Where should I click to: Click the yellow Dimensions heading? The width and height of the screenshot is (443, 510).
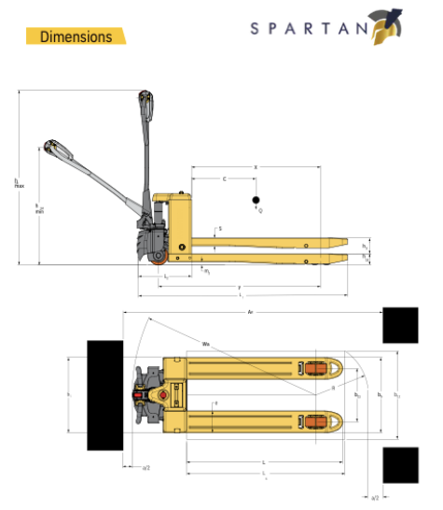(x=76, y=36)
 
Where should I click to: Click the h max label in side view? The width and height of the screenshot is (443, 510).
(x=19, y=183)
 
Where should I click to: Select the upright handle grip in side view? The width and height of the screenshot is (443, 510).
(x=144, y=99)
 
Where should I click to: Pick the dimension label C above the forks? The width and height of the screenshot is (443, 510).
(x=224, y=177)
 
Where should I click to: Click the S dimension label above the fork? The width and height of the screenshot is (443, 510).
(x=220, y=228)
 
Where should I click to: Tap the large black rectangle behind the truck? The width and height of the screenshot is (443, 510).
(x=105, y=396)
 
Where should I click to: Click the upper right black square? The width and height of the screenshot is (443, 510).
(x=400, y=324)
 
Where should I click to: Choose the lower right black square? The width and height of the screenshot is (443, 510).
(x=400, y=464)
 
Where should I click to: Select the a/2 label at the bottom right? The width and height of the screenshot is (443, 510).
(x=375, y=499)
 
